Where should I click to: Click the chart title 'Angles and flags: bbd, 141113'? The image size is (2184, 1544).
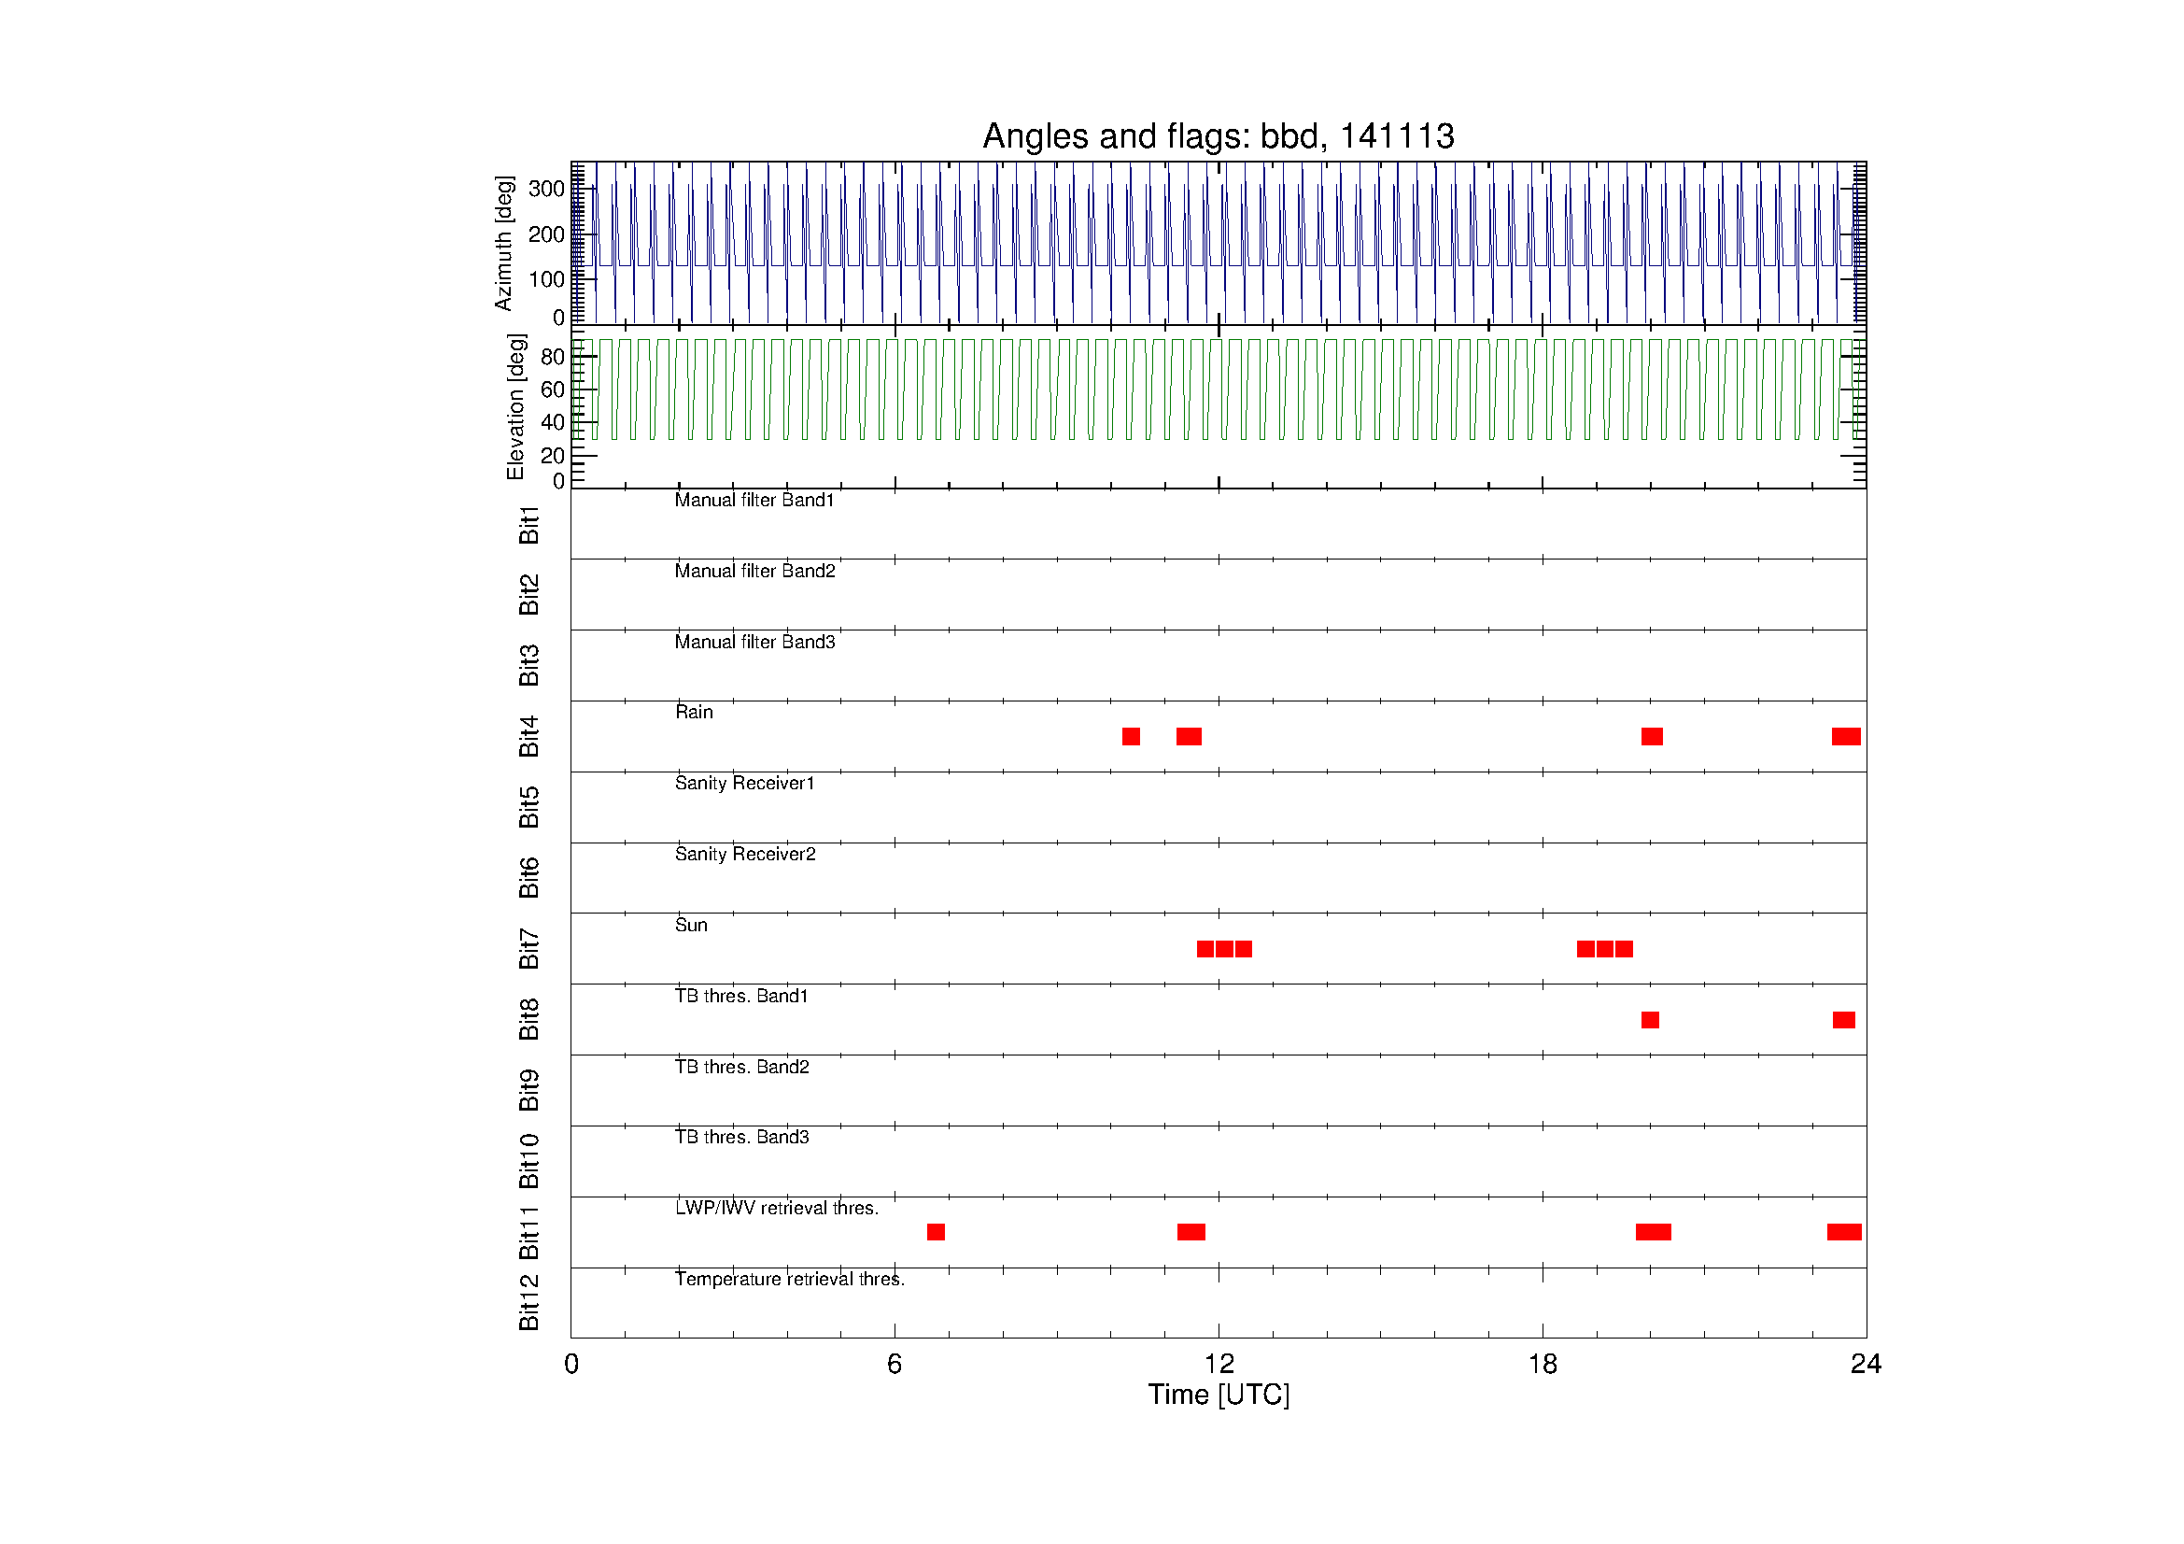(1218, 136)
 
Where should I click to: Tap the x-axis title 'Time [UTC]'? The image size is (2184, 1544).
(1219, 1395)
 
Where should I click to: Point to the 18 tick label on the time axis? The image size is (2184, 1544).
(1542, 1365)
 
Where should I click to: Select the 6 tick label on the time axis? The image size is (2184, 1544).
(895, 1365)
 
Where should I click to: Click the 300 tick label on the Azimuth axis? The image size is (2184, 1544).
(546, 189)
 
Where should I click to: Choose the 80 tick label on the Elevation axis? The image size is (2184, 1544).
(552, 357)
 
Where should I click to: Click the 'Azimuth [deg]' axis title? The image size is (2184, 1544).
(503, 244)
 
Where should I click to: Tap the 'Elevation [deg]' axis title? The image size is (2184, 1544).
(515, 406)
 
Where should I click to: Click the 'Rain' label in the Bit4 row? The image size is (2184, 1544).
(694, 712)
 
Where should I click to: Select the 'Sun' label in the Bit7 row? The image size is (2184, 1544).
(691, 925)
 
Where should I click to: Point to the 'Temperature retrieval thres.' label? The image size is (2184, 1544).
(790, 1279)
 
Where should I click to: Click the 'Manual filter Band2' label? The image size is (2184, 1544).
(754, 571)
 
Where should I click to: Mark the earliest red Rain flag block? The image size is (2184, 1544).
(1131, 736)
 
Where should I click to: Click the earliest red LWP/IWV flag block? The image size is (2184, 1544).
(936, 1232)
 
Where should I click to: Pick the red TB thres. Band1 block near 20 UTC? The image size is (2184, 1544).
(1650, 1020)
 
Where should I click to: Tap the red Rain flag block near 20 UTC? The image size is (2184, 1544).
(1653, 736)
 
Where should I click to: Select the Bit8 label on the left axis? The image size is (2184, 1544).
(528, 1019)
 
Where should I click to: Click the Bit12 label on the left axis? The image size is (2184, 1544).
(528, 1301)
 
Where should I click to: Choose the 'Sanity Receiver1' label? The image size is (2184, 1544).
(745, 783)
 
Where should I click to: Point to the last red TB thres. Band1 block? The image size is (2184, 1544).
(1843, 1020)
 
